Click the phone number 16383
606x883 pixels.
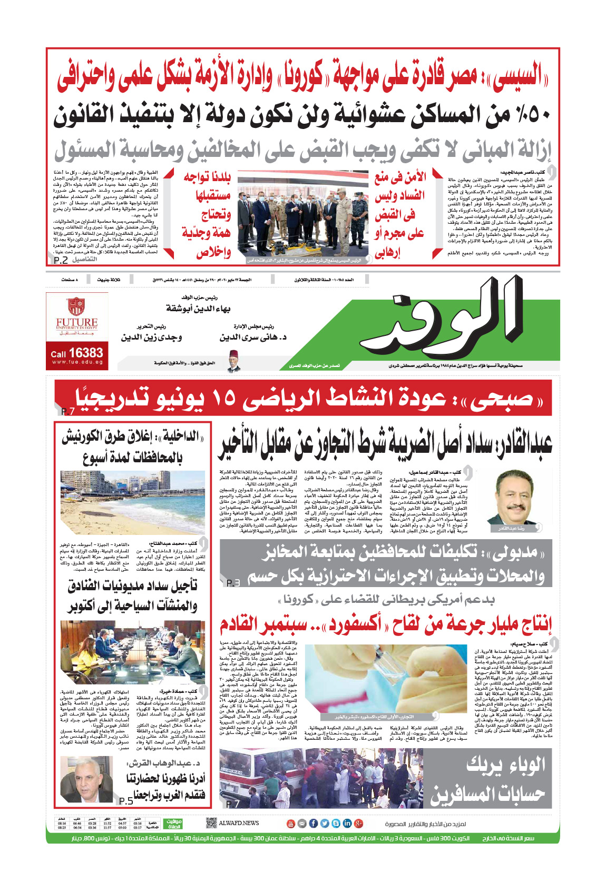[85, 353]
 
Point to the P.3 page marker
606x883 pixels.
[233, 583]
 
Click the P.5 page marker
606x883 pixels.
[125, 801]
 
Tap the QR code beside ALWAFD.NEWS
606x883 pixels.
[211, 823]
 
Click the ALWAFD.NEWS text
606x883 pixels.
[239, 823]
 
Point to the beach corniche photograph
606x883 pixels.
[132, 503]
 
